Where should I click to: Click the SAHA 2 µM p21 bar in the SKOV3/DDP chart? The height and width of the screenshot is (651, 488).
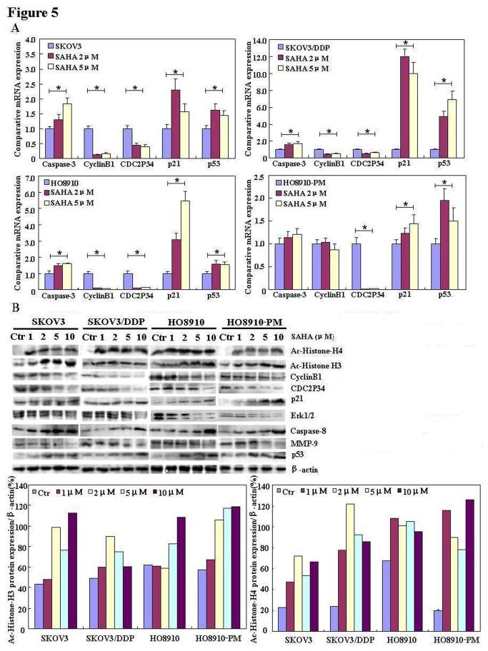[404, 104]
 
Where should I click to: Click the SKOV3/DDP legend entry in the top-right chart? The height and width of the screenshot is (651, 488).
[310, 47]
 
